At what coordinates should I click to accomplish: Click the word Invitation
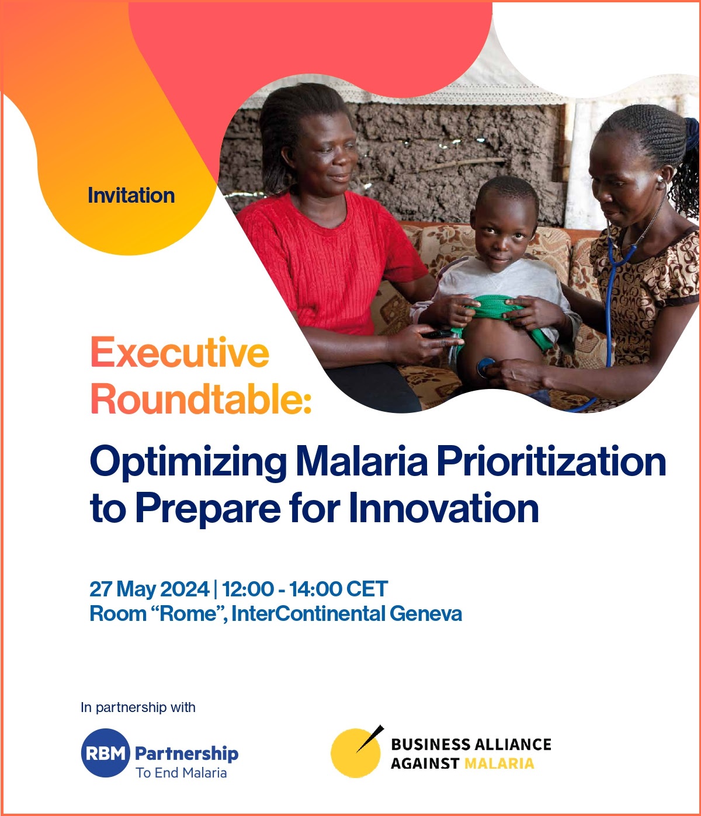(131, 196)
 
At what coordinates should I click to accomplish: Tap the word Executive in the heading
(180, 352)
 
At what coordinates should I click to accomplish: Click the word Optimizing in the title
(188, 463)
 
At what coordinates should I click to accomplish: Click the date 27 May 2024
(150, 589)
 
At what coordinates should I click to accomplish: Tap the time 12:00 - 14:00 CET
(305, 589)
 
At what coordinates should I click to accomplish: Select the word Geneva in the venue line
(426, 614)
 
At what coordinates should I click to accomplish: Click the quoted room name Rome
(189, 614)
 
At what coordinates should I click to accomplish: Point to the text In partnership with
(138, 707)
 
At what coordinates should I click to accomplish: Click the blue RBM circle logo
(106, 753)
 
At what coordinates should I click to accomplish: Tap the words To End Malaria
(181, 773)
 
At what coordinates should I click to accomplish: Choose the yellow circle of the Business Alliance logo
(355, 754)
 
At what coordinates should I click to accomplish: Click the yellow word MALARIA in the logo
(499, 763)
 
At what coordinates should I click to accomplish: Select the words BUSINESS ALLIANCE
(471, 745)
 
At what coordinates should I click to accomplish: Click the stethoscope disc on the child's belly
(486, 367)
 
